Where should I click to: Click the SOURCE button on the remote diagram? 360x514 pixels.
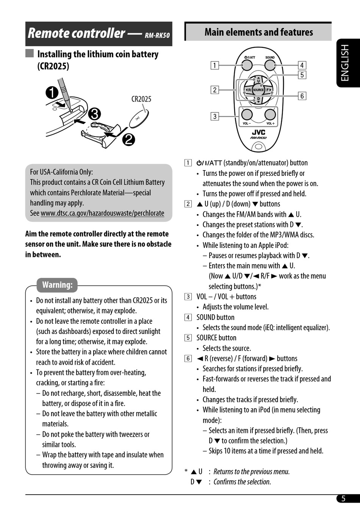[x=258, y=90]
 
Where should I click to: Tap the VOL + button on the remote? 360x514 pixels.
[x=270, y=114]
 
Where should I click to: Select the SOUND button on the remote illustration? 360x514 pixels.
[x=270, y=65]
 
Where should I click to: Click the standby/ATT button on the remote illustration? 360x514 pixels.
[x=247, y=65]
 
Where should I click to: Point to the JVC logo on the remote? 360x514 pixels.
[x=258, y=132]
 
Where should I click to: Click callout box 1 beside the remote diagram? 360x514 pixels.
[x=214, y=65]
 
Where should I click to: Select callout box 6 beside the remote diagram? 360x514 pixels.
[x=302, y=96]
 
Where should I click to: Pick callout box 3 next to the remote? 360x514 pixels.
[x=214, y=116]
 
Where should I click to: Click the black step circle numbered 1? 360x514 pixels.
[x=52, y=93]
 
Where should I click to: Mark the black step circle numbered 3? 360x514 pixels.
[x=94, y=114]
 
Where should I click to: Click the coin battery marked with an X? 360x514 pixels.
[x=139, y=118]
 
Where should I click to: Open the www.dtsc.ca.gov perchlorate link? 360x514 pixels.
[x=102, y=213]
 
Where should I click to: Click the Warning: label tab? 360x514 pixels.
[x=57, y=285]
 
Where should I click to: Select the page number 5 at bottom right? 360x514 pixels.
[x=343, y=498]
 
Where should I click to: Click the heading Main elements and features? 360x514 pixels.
[x=259, y=32]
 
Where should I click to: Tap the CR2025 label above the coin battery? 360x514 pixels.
[x=141, y=99]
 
